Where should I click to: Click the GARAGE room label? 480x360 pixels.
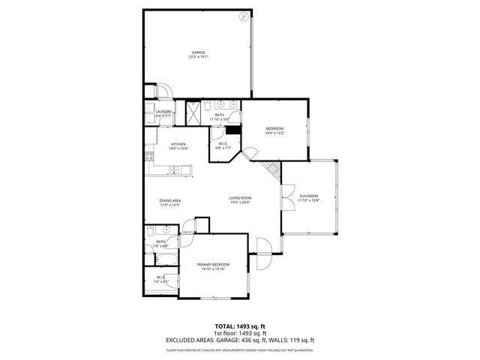click(198, 52)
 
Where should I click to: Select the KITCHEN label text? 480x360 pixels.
click(178, 144)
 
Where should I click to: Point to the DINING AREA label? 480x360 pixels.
click(170, 200)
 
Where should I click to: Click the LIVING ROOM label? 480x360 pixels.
click(240, 198)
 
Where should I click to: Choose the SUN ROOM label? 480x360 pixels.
click(309, 196)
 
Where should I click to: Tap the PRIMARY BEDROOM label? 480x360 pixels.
click(213, 265)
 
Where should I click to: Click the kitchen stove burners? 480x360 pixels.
click(149, 157)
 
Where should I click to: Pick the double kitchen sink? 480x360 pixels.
click(174, 170)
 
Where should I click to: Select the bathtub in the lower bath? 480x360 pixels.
click(165, 259)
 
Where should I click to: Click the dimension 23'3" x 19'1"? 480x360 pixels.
click(198, 56)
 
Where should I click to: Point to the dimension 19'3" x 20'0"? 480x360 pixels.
click(240, 202)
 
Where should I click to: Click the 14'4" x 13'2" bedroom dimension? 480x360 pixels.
click(275, 133)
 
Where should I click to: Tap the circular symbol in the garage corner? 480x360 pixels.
click(243, 16)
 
